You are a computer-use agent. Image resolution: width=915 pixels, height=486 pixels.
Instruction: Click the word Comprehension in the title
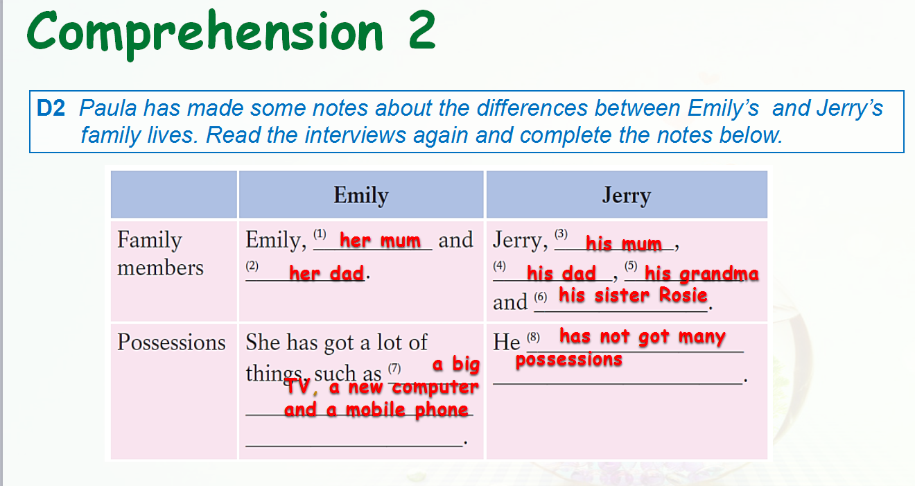tap(205, 33)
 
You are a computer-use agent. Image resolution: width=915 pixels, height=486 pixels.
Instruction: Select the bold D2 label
tap(51, 108)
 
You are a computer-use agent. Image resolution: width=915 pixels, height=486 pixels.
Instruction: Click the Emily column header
tap(360, 196)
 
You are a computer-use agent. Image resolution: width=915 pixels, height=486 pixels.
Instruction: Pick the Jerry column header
tap(627, 196)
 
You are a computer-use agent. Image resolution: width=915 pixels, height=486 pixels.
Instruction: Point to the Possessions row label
tap(171, 342)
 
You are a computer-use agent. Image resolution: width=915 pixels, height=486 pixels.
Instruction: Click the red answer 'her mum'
tap(380, 240)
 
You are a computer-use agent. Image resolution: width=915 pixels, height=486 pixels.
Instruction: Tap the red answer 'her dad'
tap(326, 273)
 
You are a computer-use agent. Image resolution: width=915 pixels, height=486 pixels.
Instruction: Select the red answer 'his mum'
tap(623, 243)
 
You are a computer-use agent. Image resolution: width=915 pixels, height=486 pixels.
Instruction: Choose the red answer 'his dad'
tap(561, 273)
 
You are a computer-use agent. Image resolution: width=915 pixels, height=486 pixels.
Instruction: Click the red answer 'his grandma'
tap(701, 274)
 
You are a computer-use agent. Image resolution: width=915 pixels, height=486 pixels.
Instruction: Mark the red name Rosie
tap(683, 295)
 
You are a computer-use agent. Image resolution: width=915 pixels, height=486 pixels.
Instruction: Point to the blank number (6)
tap(541, 297)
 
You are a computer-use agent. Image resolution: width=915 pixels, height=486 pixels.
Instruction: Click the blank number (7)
tap(394, 368)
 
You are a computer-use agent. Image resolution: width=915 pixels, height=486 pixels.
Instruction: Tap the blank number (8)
tap(533, 338)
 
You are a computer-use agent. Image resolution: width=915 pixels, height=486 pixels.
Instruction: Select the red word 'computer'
tap(435, 387)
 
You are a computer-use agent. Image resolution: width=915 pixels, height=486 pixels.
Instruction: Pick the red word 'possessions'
tap(568, 360)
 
